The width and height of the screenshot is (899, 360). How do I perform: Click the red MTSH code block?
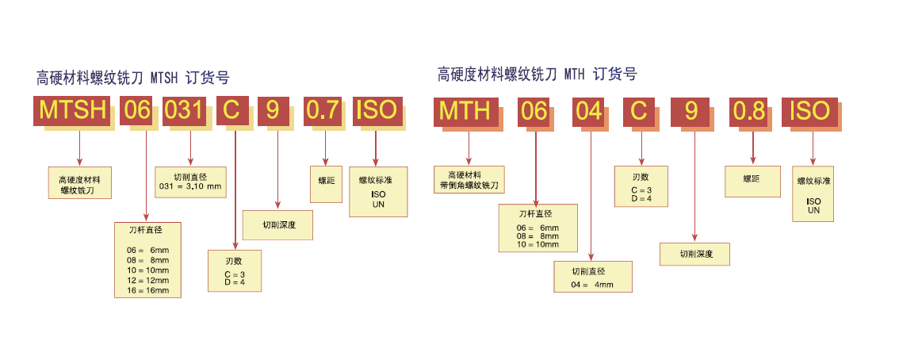73,111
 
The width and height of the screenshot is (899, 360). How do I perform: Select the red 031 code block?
185,111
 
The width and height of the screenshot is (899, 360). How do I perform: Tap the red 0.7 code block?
323,111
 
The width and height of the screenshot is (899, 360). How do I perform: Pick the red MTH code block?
466,111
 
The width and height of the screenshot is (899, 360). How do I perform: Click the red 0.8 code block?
750,111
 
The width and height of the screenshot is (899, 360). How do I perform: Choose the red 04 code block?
590,111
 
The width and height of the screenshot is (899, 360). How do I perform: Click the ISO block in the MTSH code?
377,111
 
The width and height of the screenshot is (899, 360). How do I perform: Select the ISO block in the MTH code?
810,111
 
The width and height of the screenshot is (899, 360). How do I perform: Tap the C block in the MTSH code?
232,111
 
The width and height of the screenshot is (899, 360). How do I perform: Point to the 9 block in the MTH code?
692,111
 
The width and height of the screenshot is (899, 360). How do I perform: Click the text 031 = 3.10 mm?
190,187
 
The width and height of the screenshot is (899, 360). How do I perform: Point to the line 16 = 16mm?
148,290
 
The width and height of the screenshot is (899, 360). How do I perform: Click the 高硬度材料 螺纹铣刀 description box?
80,182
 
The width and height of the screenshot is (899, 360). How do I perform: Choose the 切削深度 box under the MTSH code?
278,225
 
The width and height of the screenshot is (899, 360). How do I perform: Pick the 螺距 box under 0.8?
752,180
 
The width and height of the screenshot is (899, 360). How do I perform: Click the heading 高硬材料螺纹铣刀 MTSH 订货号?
133,78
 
